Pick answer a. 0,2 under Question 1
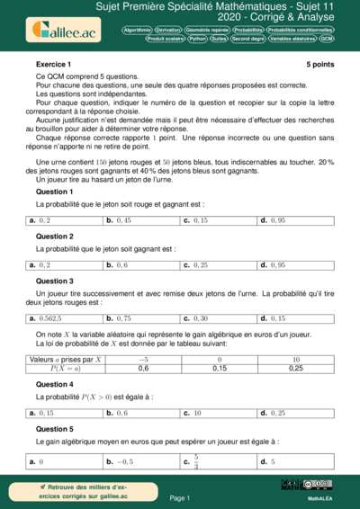point(40,219)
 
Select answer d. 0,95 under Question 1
point(273,219)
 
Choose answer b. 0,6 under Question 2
point(118,265)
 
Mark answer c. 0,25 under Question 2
point(195,265)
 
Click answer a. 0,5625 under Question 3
point(46,318)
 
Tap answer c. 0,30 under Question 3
point(195,318)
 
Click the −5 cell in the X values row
point(143,360)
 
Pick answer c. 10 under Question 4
point(193,413)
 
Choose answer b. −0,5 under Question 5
point(120,461)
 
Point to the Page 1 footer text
point(180,497)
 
